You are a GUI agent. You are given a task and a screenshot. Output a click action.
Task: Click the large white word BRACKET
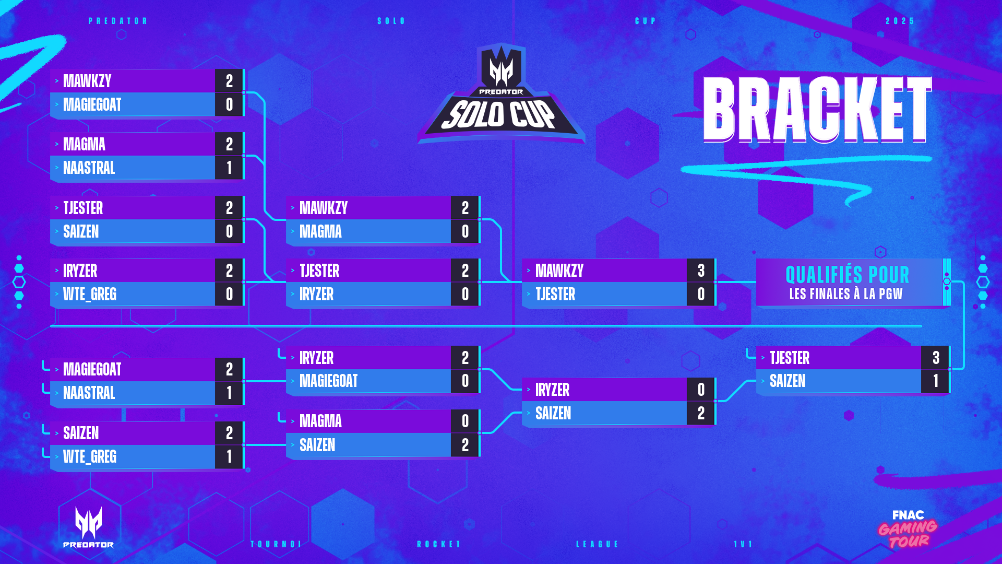pos(817,109)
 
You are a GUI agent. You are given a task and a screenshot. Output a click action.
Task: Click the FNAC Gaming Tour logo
pos(908,529)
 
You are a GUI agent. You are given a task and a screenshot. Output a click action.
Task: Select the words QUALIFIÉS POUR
pos(847,275)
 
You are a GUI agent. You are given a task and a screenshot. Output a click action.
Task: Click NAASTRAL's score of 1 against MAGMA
pos(229,168)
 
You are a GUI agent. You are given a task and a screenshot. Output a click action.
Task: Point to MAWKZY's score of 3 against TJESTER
pos(701,271)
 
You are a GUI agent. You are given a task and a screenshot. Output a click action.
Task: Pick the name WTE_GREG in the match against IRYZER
pos(90,295)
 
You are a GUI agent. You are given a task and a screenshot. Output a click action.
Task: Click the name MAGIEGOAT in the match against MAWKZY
pos(92,104)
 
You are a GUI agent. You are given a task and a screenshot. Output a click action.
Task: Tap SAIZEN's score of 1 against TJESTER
pos(936,381)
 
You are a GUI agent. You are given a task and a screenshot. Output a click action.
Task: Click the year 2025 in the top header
pos(900,21)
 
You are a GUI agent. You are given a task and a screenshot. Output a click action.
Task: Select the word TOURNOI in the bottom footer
pos(276,544)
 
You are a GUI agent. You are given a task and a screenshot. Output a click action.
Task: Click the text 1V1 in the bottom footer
pos(743,544)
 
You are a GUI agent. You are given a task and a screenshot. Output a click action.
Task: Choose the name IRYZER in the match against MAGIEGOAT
pos(316,358)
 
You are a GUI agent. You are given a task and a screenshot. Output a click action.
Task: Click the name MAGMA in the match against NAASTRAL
pos(84,144)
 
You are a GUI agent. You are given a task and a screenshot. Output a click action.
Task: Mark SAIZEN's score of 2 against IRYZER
pos(701,413)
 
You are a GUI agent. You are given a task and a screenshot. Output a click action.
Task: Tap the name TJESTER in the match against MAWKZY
pos(555,295)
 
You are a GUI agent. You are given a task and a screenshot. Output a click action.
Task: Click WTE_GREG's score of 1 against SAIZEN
pos(229,456)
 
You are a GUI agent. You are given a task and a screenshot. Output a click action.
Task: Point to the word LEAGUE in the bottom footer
pos(597,544)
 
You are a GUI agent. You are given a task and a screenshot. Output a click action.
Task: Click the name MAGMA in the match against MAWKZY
pos(320,231)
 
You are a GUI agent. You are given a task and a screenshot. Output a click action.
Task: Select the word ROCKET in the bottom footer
pos(439,544)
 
